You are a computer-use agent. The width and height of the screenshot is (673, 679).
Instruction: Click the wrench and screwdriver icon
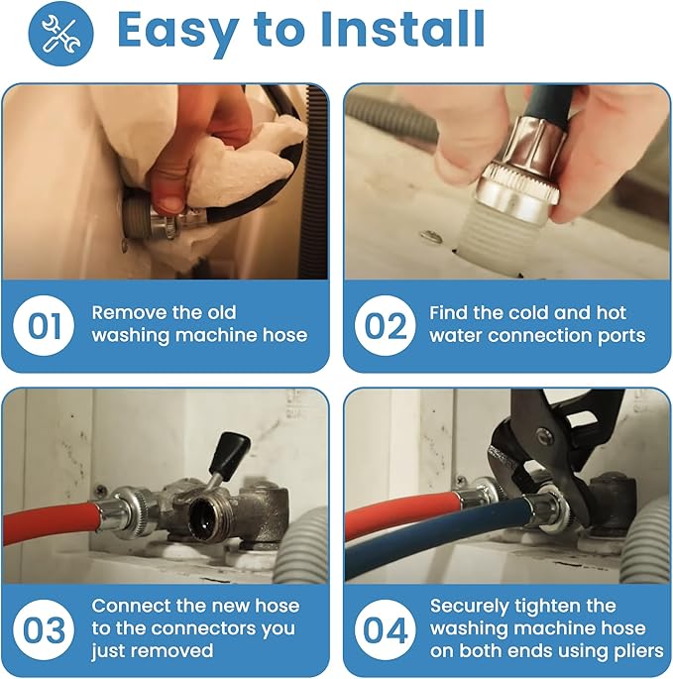point(60,34)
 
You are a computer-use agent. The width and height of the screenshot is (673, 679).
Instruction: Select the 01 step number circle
point(44,326)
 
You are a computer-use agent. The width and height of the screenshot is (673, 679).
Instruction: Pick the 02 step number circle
point(385,326)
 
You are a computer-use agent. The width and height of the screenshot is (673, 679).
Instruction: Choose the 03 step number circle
point(44,630)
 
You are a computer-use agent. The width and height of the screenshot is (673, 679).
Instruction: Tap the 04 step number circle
point(385,630)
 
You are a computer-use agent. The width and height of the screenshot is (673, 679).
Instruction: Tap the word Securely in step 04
point(469,607)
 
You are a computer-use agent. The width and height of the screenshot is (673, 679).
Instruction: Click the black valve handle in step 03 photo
point(230,453)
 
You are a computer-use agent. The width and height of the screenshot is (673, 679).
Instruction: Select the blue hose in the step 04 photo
point(437,528)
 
